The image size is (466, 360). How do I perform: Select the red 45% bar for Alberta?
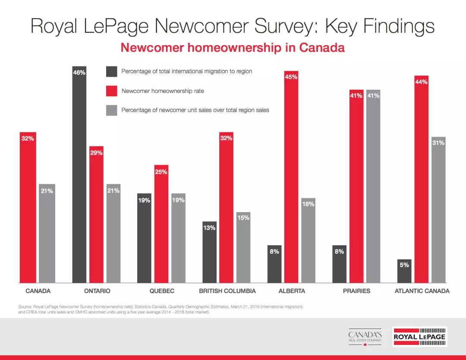tap(291, 177)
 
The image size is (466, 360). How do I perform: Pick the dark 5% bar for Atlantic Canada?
tap(404, 271)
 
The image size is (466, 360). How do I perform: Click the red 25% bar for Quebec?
tap(161, 224)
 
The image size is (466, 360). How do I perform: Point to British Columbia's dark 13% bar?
tap(209, 252)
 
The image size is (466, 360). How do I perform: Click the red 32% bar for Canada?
tap(28, 207)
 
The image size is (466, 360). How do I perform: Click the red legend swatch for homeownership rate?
tap(111, 91)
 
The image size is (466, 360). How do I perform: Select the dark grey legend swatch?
tap(111, 72)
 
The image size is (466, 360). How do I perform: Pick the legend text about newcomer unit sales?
tap(195, 110)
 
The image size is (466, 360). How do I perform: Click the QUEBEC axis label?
tap(162, 291)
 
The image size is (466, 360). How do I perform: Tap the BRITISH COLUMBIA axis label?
tap(227, 291)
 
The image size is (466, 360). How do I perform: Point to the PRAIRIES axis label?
tap(356, 291)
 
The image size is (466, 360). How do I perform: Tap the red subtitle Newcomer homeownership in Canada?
tap(233, 47)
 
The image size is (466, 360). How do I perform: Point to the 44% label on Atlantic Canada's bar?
tap(421, 82)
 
